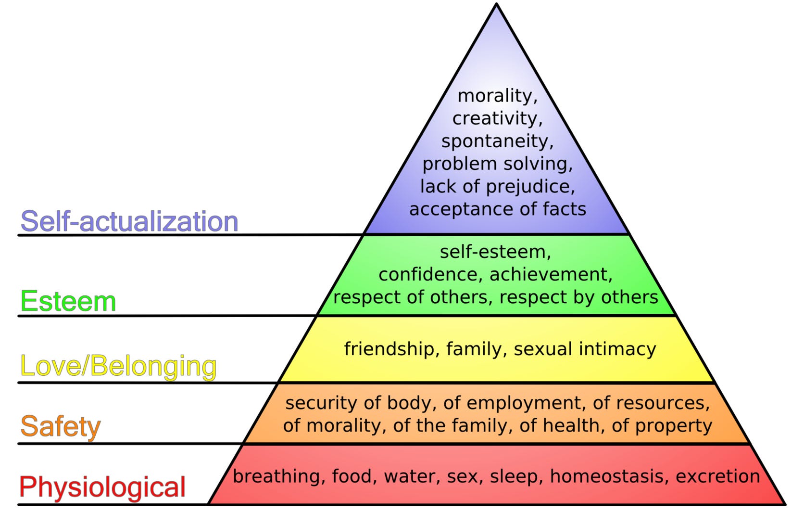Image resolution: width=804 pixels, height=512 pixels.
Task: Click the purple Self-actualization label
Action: [x=129, y=221]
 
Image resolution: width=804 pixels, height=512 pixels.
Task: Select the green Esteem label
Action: [x=68, y=302]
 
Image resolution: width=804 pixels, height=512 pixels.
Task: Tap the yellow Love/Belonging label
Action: [x=118, y=366]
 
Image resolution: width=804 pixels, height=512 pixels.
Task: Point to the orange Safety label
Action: [x=60, y=426]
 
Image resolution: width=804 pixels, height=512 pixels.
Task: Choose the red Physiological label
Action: [x=102, y=487]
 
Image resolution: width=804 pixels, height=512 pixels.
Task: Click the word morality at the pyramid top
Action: [x=495, y=96]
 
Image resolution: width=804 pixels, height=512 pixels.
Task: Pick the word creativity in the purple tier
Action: [x=495, y=118]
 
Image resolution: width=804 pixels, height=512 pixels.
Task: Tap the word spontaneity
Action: [x=495, y=141]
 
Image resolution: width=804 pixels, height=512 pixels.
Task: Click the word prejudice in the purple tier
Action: [x=528, y=187]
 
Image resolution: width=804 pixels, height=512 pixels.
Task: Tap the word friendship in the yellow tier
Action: [x=389, y=349]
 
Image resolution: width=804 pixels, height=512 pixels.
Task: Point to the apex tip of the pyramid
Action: [x=496, y=5]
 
